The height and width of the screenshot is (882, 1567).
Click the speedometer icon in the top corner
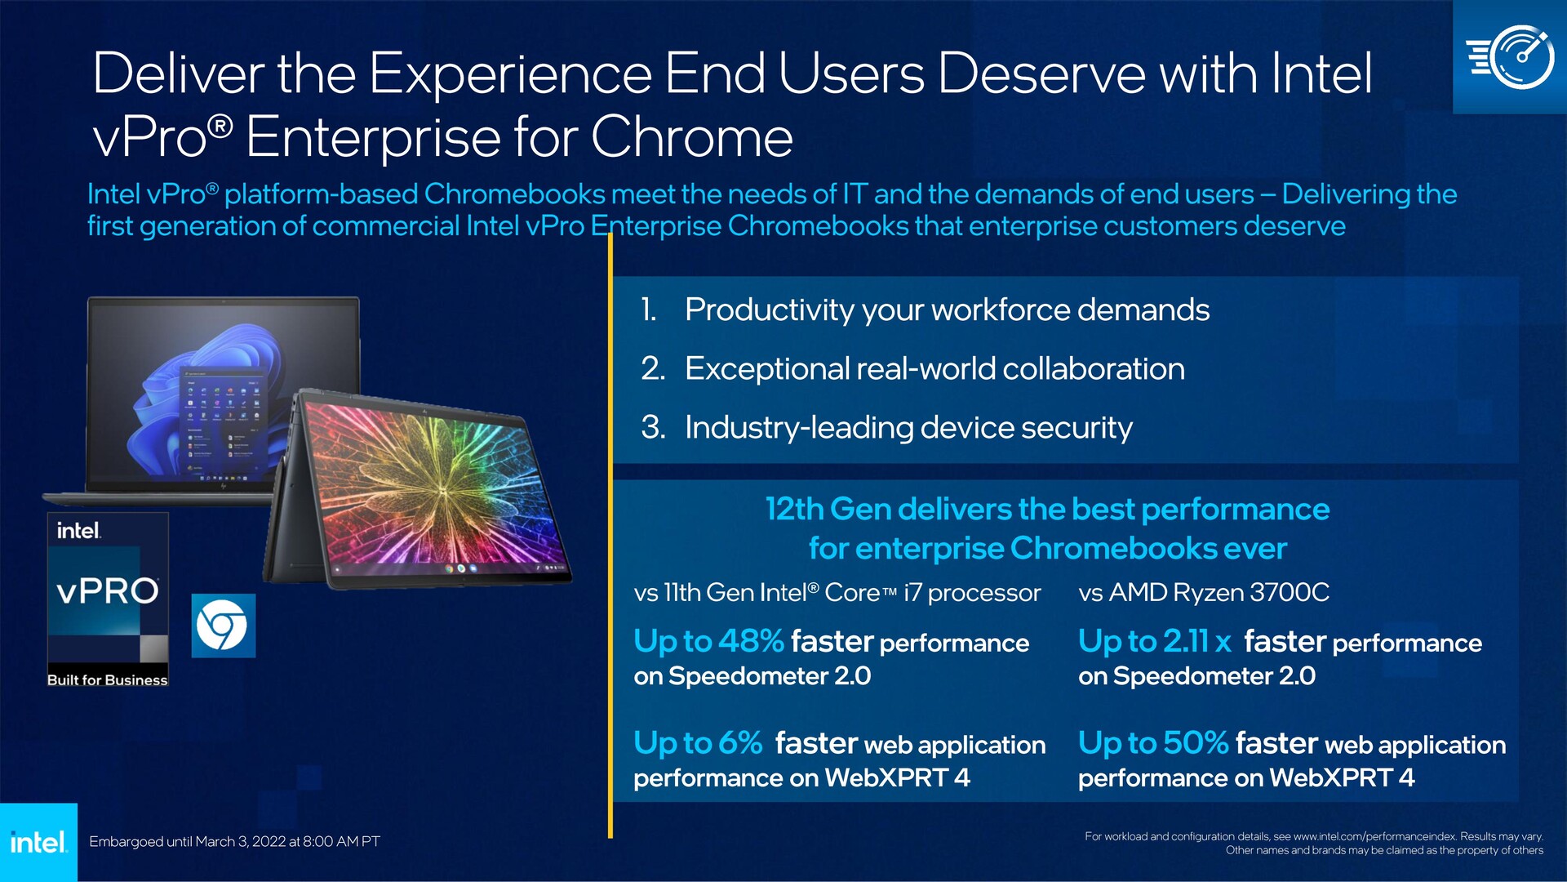[x=1510, y=57]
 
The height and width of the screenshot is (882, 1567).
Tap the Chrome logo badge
[x=223, y=626]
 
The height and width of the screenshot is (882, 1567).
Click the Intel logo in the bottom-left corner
[x=38, y=842]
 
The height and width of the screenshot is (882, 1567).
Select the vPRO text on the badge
[x=108, y=590]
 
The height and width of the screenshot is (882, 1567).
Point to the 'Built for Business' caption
[x=107, y=679]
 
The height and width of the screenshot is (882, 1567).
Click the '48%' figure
[x=751, y=641]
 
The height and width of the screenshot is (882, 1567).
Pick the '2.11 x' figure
[x=1196, y=641]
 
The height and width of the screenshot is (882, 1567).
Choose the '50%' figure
[x=1196, y=743]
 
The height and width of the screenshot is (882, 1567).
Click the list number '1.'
[x=649, y=310]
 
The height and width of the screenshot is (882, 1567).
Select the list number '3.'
[x=653, y=427]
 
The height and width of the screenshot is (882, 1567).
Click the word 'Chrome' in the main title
[x=691, y=136]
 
